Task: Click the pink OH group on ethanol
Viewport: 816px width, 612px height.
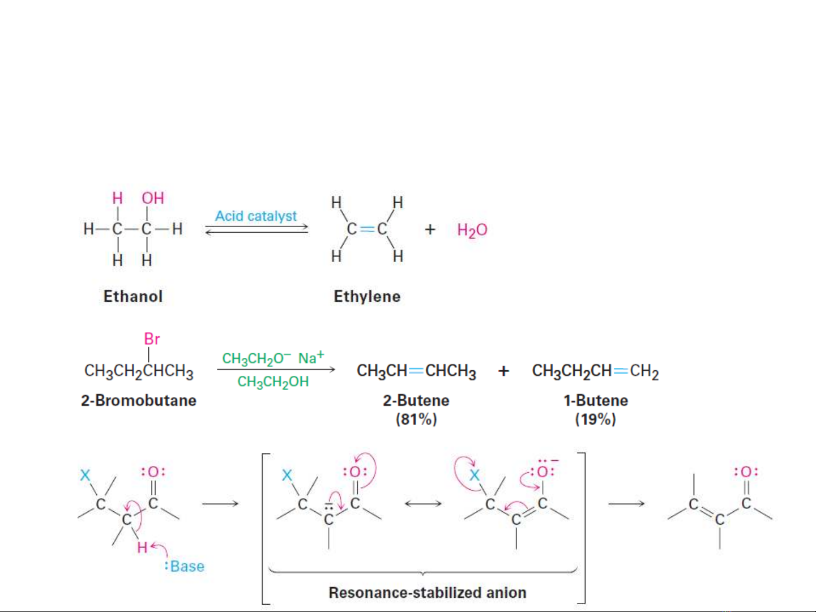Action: pyautogui.click(x=153, y=198)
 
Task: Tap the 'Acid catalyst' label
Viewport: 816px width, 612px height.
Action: pyautogui.click(x=256, y=216)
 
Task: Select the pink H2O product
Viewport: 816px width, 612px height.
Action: pyautogui.click(x=472, y=230)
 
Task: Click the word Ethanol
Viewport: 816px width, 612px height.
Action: pyautogui.click(x=133, y=296)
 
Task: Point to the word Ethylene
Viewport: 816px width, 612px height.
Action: pyautogui.click(x=367, y=296)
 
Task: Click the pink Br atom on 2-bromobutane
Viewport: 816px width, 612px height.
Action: pyautogui.click(x=152, y=339)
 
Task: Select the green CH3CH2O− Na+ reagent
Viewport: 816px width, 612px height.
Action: pyautogui.click(x=273, y=358)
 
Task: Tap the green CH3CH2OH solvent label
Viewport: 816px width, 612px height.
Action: pyautogui.click(x=273, y=382)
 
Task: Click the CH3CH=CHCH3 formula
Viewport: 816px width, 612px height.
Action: pyautogui.click(x=416, y=371)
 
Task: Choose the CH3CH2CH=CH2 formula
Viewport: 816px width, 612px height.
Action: pyautogui.click(x=595, y=371)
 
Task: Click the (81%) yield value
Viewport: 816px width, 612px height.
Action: pyautogui.click(x=416, y=420)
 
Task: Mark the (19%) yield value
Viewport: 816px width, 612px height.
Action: pyautogui.click(x=595, y=420)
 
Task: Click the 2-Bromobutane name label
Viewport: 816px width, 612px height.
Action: pyautogui.click(x=139, y=400)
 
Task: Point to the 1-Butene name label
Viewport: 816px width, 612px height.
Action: pyautogui.click(x=596, y=400)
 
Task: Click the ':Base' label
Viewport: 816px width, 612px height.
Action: pyautogui.click(x=185, y=566)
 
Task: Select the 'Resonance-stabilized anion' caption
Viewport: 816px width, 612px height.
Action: pyautogui.click(x=428, y=593)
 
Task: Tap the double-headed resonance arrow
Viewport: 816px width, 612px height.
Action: pyautogui.click(x=423, y=503)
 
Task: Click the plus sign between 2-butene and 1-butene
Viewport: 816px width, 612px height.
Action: pyautogui.click(x=503, y=371)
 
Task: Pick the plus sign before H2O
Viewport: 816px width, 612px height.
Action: pyautogui.click(x=430, y=230)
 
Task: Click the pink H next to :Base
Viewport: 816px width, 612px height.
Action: pyautogui.click(x=142, y=547)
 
